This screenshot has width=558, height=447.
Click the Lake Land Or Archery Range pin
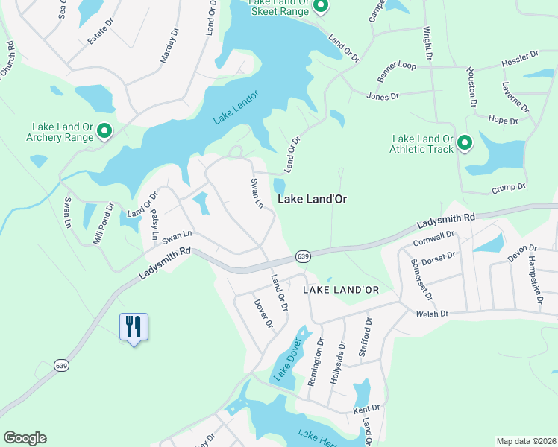click(104, 132)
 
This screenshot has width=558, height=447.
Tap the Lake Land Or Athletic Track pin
click(464, 142)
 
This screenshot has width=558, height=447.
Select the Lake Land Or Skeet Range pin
click(320, 7)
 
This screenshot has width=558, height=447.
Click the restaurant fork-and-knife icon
click(134, 326)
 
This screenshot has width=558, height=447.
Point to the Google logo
click(25, 438)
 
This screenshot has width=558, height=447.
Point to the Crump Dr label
click(509, 187)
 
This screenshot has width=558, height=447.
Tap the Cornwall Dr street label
click(433, 239)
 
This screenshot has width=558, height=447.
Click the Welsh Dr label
click(433, 314)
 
